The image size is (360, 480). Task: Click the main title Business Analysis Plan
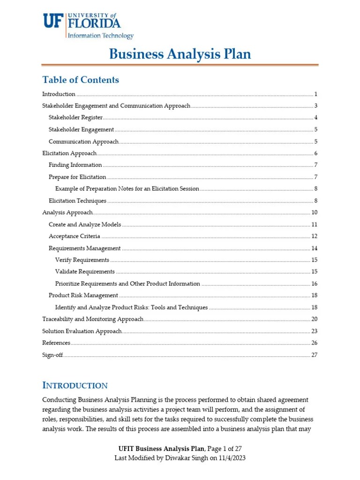tap(180, 54)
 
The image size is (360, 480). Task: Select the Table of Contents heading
tap(81, 80)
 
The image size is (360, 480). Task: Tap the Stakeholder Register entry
tap(75, 117)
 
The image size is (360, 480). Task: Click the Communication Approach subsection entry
tap(83, 142)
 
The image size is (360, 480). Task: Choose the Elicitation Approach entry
tap(69, 153)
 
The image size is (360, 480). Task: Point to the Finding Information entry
tap(75, 165)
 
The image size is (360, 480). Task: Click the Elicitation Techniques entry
tap(77, 201)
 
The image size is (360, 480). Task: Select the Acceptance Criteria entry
tap(74, 236)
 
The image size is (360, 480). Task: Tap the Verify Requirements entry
tap(82, 260)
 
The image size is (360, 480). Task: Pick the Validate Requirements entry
tap(85, 271)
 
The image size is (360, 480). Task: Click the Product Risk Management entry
tap(83, 295)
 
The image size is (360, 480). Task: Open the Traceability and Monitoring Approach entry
tap(93, 319)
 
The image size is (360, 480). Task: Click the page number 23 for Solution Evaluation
tap(315, 331)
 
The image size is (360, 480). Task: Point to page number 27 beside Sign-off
tap(315, 355)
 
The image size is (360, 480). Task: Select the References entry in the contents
tap(56, 343)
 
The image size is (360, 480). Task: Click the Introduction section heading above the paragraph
tap(75, 386)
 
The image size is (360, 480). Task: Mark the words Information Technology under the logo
tap(101, 36)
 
